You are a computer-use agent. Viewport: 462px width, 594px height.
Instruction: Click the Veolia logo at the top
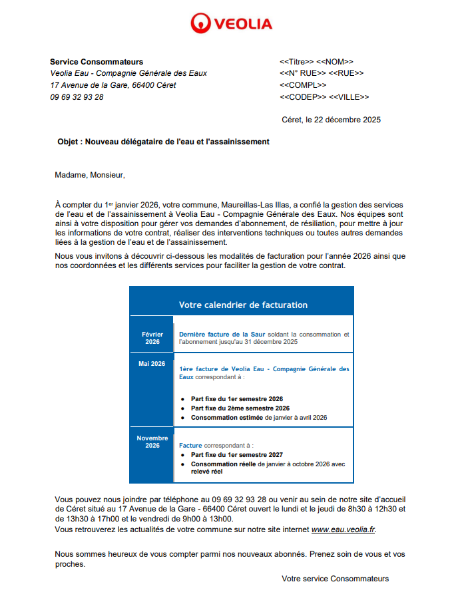[231, 24]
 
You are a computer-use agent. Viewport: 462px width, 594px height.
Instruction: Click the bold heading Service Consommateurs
[97, 62]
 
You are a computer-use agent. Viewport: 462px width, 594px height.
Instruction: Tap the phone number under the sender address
[77, 97]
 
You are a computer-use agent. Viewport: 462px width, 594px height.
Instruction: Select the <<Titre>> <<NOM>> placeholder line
[316, 62]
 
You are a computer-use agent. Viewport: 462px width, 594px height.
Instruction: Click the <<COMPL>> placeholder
[303, 85]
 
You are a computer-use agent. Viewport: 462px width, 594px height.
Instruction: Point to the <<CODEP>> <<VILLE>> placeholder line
[324, 97]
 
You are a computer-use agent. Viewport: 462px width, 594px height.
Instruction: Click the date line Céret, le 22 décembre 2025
[332, 120]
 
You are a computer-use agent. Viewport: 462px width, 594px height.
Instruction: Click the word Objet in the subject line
[69, 142]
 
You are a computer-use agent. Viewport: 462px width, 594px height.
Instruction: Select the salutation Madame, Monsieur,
[90, 176]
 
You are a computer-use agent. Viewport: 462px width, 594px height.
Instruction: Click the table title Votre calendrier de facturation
[243, 305]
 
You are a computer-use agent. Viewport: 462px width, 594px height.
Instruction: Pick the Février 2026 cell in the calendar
[152, 338]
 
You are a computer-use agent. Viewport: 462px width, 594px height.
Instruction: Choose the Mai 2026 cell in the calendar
[152, 364]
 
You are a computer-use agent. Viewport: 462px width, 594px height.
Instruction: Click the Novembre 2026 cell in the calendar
[152, 442]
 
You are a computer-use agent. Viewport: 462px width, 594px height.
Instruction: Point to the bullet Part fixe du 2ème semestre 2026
[240, 408]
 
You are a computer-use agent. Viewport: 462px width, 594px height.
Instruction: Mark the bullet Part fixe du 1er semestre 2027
[237, 455]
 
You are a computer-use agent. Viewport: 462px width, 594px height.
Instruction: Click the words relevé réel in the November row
[206, 472]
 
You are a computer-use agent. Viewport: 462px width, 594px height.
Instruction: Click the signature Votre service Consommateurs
[335, 579]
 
